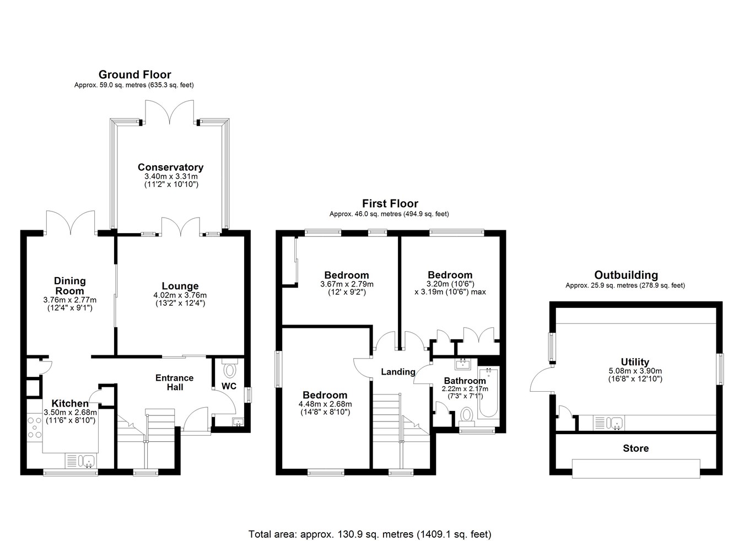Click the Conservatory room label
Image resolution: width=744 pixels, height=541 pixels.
click(x=170, y=167)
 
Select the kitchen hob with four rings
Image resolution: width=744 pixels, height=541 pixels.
click(x=35, y=428)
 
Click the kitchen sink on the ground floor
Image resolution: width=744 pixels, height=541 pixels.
click(x=81, y=461)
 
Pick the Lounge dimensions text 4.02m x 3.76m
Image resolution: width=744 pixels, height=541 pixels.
click(x=180, y=295)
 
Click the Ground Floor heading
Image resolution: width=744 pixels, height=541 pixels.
click(x=135, y=74)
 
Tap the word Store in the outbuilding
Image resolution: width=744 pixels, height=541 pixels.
click(x=636, y=448)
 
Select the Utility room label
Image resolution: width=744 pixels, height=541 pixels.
click(x=635, y=361)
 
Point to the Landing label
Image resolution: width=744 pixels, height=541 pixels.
click(x=398, y=372)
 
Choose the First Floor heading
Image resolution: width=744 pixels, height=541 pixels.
click(x=390, y=203)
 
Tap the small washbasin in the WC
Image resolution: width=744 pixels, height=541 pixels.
click(x=238, y=422)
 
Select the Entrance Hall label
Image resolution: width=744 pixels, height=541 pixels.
click(x=175, y=382)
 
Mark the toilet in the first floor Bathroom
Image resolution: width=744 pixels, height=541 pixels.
click(x=467, y=416)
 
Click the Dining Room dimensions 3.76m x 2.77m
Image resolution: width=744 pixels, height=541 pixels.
click(x=70, y=300)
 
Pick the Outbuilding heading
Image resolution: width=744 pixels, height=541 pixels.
click(x=626, y=275)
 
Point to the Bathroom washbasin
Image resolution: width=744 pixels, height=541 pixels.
click(x=463, y=364)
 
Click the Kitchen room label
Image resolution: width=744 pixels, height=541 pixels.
click(x=70, y=403)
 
